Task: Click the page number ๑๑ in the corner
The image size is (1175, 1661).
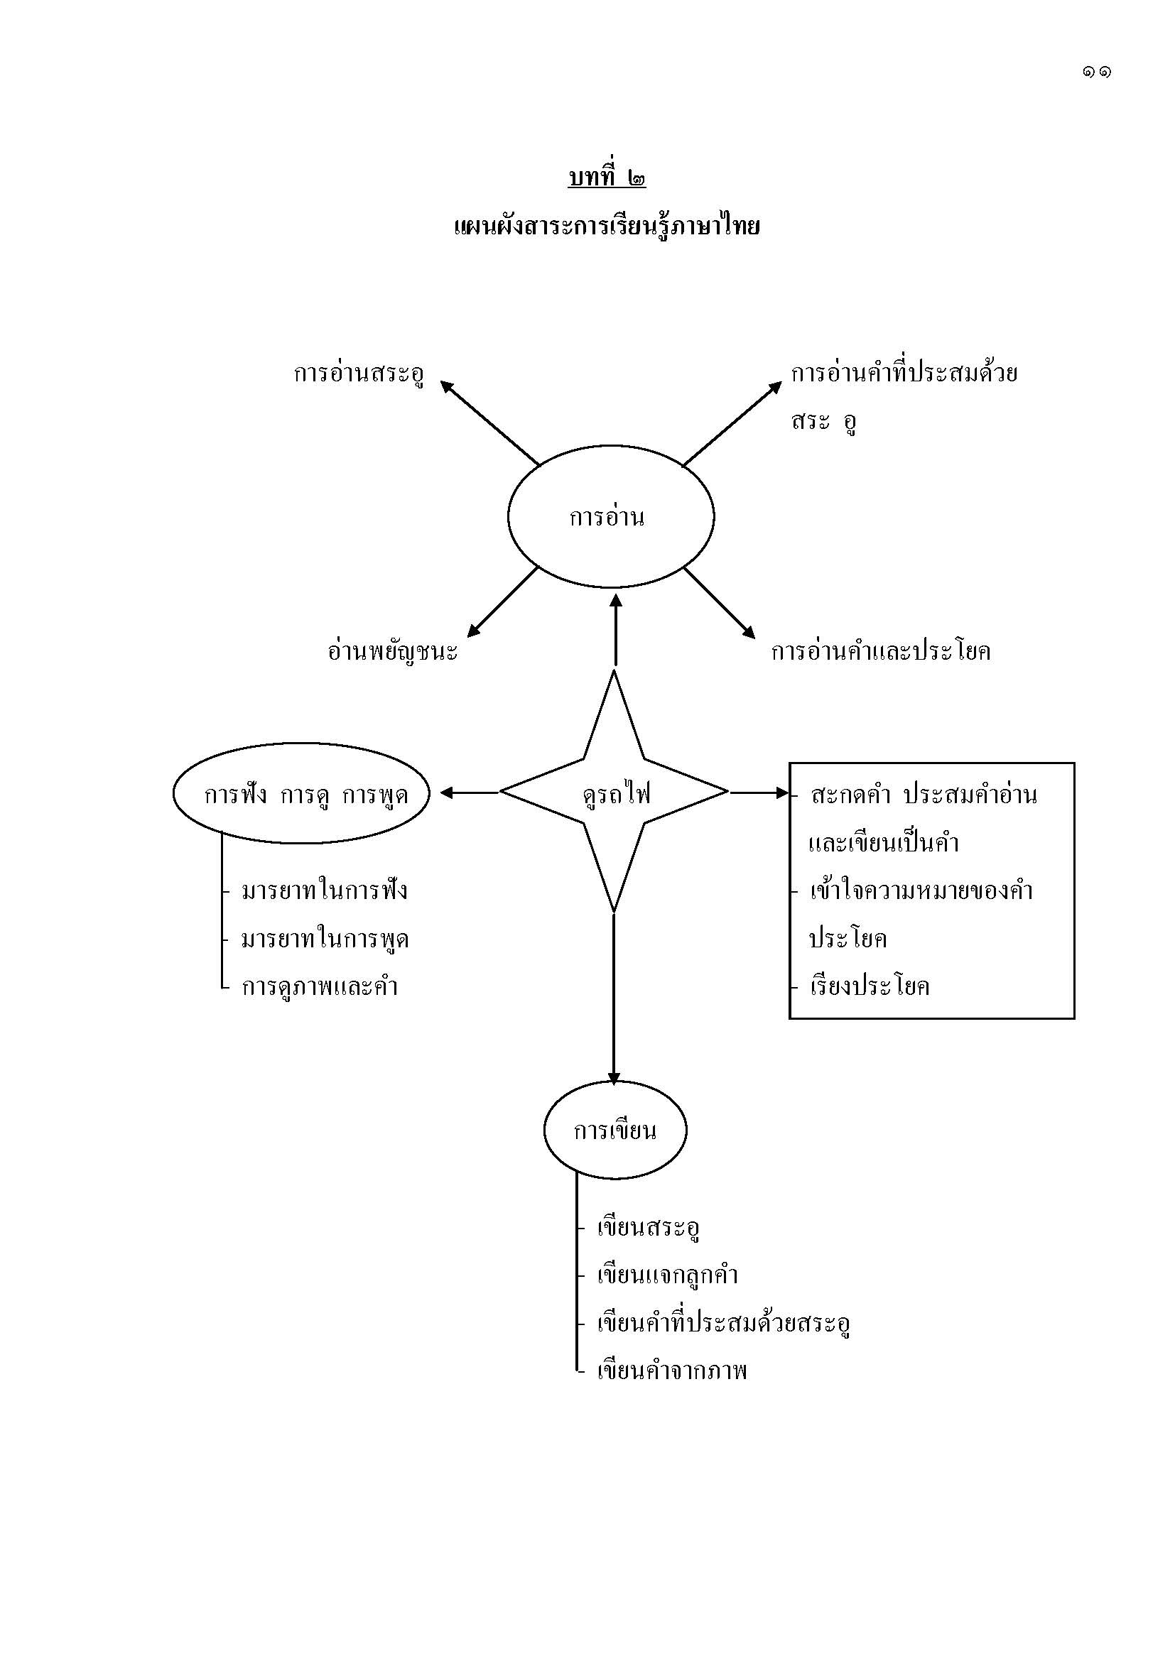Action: coord(1097,72)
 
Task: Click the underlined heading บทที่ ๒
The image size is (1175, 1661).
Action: coord(606,178)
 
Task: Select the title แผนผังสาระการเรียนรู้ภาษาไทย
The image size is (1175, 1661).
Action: coord(606,227)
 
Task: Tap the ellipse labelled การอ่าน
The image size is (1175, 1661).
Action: coord(611,516)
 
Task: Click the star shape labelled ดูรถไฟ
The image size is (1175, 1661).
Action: coord(614,793)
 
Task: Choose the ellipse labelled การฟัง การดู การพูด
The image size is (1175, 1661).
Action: coord(301,794)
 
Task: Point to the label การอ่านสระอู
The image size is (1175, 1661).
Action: coord(359,374)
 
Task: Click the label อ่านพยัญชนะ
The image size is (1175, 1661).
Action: coord(393,651)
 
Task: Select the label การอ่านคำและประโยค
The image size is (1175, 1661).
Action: coord(880,651)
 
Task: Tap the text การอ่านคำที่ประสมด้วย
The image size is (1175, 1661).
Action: coord(904,374)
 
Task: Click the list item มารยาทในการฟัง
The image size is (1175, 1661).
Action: coord(324,890)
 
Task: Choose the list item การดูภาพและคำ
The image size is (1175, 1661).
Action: coord(320,986)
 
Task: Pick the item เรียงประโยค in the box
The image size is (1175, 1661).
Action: coord(870,986)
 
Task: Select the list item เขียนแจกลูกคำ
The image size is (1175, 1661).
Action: coord(667,1275)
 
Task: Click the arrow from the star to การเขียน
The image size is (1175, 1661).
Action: coord(614,998)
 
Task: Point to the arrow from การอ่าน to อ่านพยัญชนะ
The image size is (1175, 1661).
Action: coord(503,602)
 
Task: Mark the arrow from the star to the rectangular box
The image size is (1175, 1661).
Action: coord(758,793)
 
